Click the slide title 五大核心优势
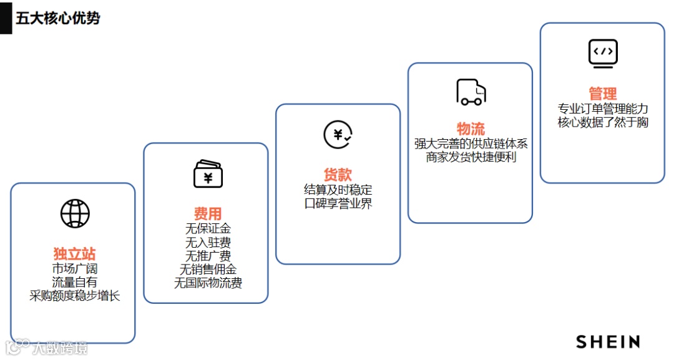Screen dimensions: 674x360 [57, 17]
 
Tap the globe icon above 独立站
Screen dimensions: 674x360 [75, 213]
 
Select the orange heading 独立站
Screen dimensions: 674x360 [74, 254]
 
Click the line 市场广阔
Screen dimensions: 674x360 [74, 269]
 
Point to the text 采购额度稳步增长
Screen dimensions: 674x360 [74, 296]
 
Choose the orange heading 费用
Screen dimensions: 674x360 [208, 214]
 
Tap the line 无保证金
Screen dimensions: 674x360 [208, 228]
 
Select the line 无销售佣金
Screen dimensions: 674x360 [208, 269]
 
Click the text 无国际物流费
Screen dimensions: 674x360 [208, 283]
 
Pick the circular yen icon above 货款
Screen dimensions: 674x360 [338, 134]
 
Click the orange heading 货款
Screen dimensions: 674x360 [338, 175]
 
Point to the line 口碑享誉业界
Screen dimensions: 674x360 [338, 203]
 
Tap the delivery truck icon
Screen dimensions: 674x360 [471, 92]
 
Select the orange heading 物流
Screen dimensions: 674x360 [471, 129]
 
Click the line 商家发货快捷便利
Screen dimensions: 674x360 [471, 157]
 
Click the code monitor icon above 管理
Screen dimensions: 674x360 [603, 53]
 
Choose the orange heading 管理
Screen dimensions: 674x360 [603, 94]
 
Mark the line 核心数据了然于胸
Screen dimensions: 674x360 [603, 122]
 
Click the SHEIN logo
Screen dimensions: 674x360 [608, 341]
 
